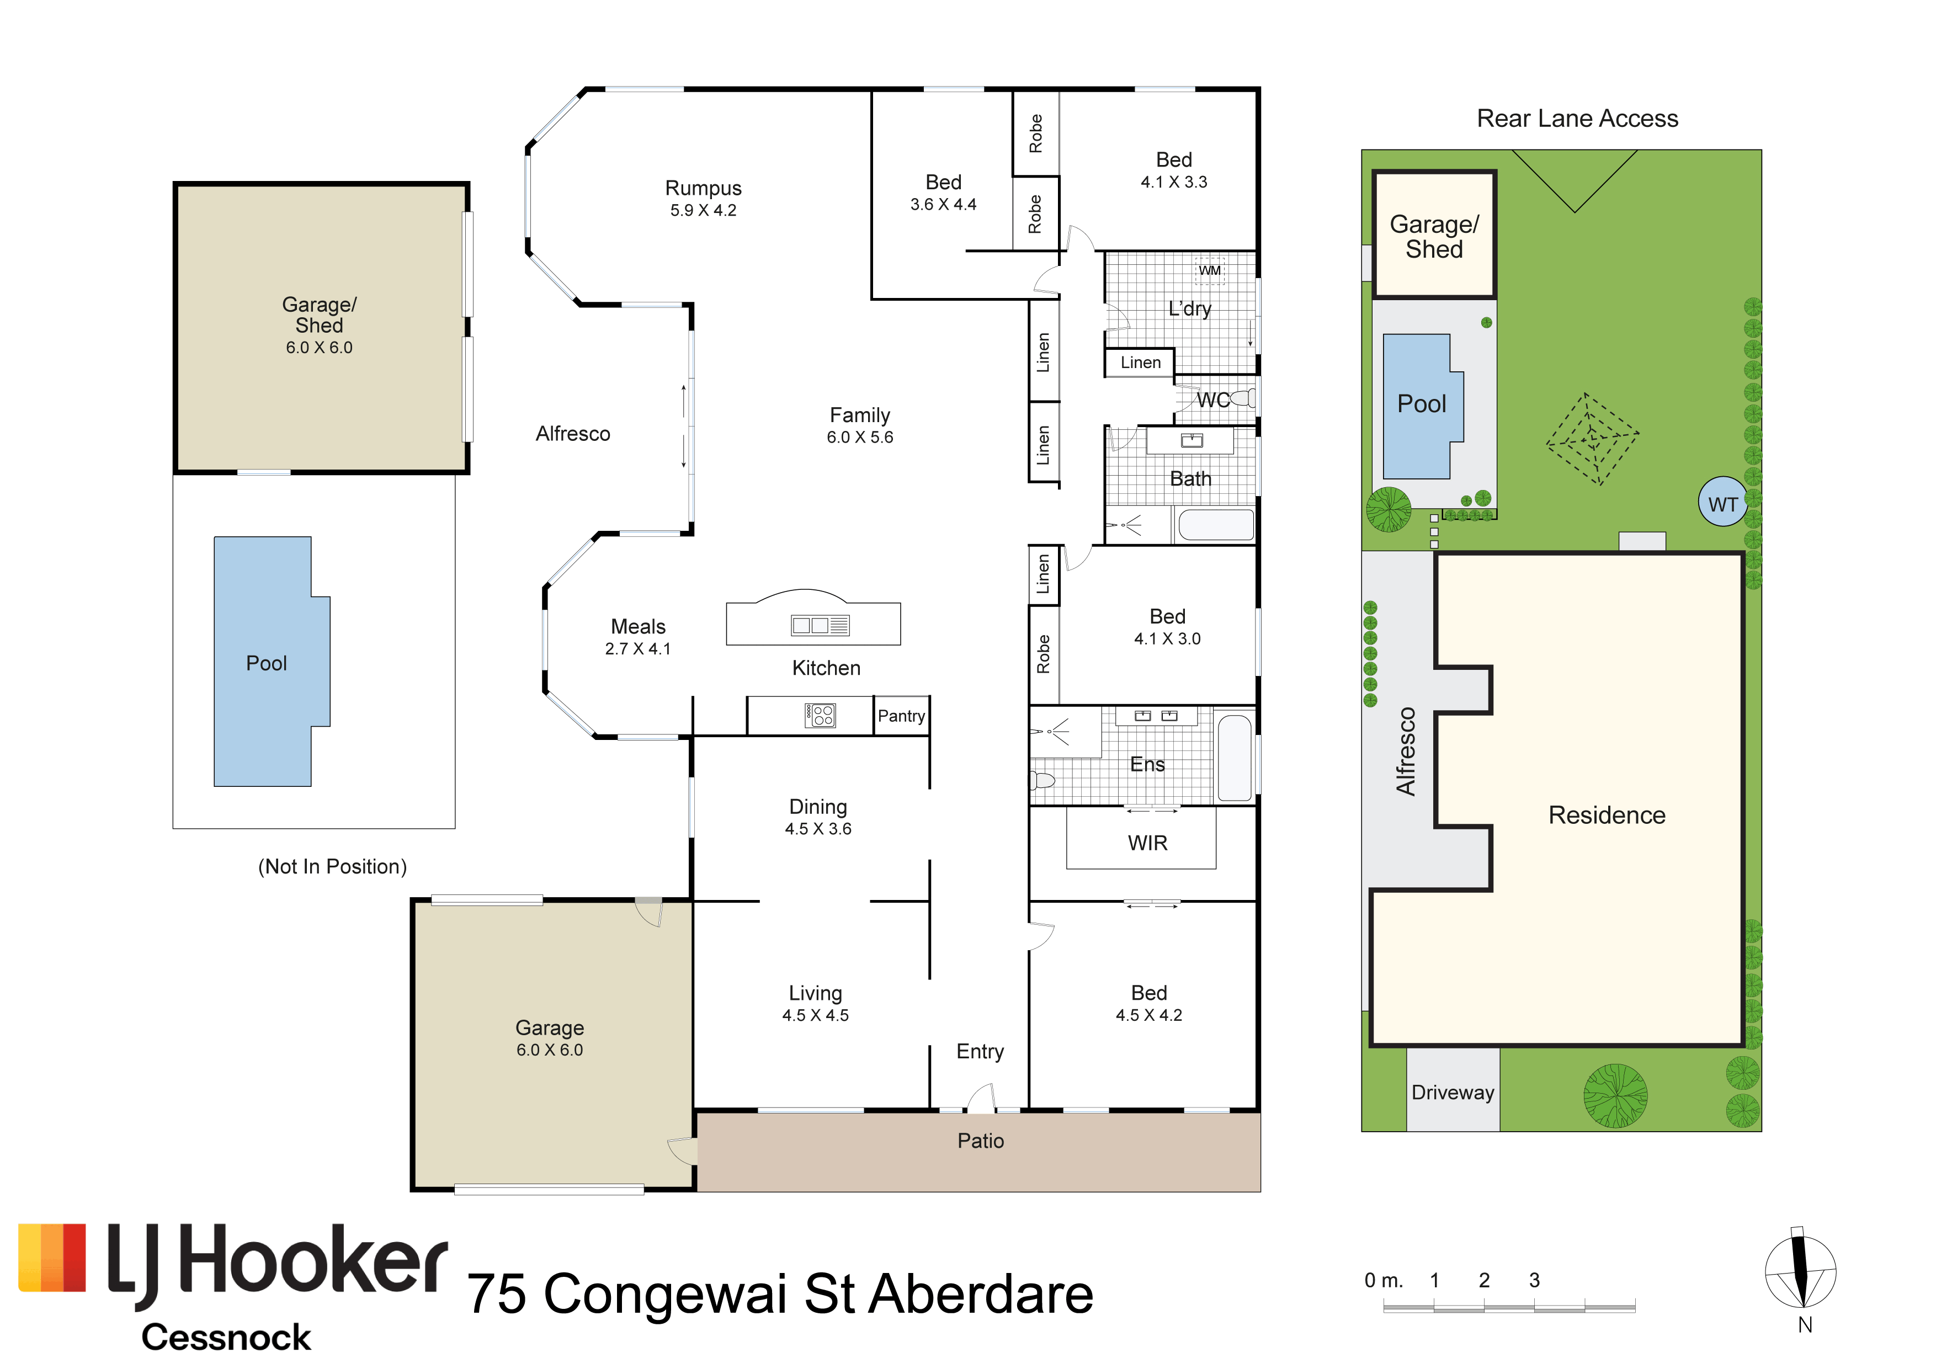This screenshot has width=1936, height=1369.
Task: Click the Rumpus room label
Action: pos(703,188)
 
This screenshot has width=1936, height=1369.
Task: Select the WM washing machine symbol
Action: pos(1210,270)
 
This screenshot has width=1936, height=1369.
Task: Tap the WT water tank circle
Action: pos(1722,503)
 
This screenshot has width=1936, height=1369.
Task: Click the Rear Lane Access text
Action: pos(1577,119)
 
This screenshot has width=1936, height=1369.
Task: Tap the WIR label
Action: pos(1147,843)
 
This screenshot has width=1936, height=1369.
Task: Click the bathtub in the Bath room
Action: pos(1216,524)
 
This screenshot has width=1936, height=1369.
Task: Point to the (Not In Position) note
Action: pos(332,866)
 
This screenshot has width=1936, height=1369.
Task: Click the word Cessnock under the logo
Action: pos(226,1337)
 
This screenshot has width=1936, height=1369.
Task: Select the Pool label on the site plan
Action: pos(1422,404)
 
